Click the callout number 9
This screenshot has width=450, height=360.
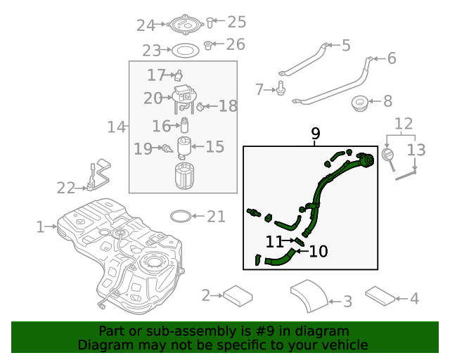315,133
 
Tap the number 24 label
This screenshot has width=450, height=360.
146,25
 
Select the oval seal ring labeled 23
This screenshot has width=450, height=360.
186,51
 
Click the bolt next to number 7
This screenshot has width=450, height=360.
281,89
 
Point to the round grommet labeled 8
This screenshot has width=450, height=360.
361,103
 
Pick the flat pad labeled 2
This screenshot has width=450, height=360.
238,295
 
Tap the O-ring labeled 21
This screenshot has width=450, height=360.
181,216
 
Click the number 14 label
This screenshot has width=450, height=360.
116,127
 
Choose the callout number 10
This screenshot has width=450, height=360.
319,251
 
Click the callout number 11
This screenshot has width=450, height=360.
274,241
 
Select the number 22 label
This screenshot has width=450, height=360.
66,188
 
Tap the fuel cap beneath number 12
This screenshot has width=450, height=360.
387,154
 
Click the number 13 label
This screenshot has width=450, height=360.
417,149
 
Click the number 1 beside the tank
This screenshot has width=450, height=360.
40,227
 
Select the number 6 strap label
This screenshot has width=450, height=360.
392,58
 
